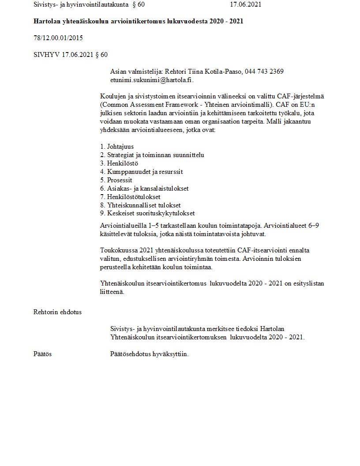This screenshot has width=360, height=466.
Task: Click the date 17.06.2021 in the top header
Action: (245, 5)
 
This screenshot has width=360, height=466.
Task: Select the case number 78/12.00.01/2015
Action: (58, 38)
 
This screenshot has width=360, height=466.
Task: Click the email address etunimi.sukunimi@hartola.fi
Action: (151, 80)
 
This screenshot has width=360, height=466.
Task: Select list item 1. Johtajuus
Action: (117, 147)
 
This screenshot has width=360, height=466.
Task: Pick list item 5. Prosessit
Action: (116, 180)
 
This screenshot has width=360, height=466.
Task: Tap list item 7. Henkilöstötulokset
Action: (130, 197)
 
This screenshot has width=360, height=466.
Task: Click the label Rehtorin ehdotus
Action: (57, 312)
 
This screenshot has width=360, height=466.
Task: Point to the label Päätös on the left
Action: (42, 354)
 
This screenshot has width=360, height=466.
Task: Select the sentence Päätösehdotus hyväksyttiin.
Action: (149, 354)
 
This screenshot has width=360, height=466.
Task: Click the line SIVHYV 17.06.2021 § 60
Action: (71, 55)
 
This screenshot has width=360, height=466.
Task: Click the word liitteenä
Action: (112, 292)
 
